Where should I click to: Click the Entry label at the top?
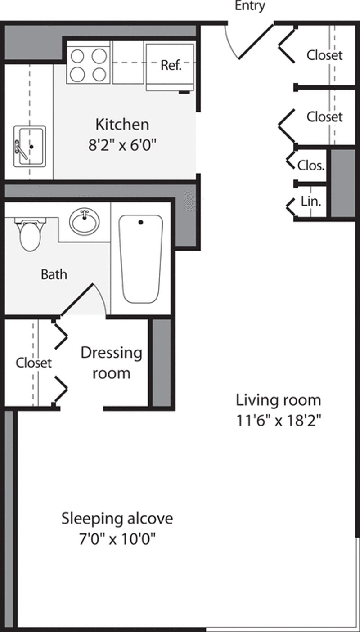(250, 6)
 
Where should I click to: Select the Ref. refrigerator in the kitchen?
(171, 66)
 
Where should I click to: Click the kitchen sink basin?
(30, 146)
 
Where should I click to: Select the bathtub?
(140, 259)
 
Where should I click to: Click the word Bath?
(54, 274)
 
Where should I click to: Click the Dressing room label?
(111, 363)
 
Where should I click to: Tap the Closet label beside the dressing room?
(34, 363)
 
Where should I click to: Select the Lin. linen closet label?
(311, 202)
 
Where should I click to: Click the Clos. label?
(310, 165)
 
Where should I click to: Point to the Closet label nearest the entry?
(324, 55)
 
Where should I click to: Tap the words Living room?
(279, 399)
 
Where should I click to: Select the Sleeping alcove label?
(117, 518)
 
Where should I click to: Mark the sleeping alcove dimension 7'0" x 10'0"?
(117, 538)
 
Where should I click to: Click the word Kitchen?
(122, 124)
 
